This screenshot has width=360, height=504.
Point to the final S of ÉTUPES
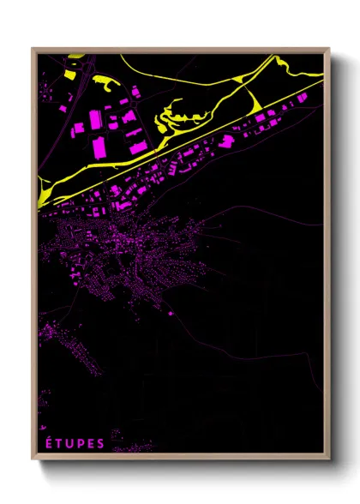[x=101, y=443]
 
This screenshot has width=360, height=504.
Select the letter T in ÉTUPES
[x=60, y=443]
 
